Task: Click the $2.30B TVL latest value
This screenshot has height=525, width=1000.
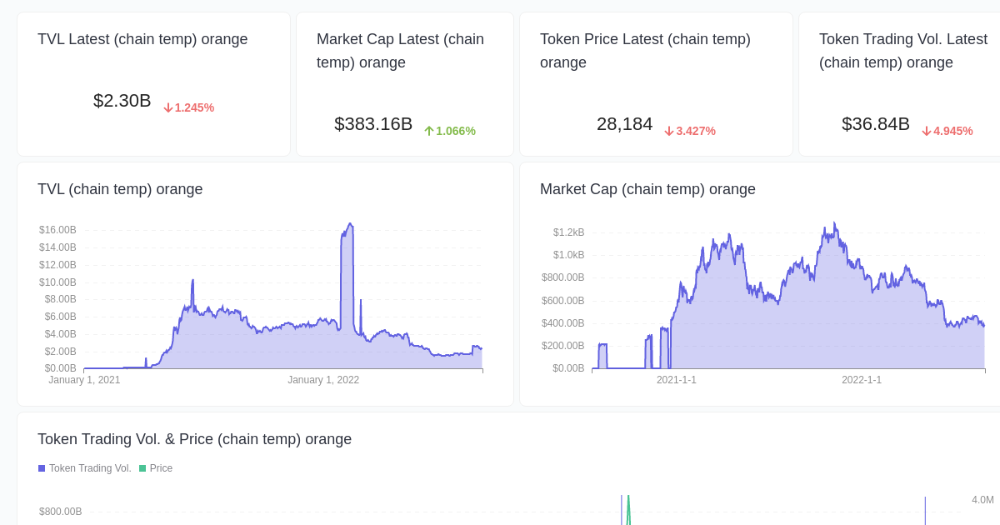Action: tap(122, 101)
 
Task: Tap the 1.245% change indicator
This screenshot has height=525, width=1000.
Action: tap(189, 107)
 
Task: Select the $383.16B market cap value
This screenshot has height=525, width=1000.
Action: tap(373, 124)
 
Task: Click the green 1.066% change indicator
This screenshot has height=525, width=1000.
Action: tap(450, 131)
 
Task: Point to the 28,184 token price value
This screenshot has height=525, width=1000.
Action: tap(624, 124)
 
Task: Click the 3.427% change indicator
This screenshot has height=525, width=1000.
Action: tap(690, 131)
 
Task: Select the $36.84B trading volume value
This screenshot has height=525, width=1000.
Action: tap(875, 124)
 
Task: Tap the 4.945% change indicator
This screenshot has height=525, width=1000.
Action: tap(947, 131)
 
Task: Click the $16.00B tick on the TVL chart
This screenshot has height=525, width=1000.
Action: tap(57, 230)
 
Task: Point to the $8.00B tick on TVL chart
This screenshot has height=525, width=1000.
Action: tap(60, 299)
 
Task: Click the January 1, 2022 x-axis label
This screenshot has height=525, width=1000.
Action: tap(323, 380)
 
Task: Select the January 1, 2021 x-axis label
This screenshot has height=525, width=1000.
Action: tap(84, 380)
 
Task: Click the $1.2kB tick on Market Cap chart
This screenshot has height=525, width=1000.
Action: tap(568, 232)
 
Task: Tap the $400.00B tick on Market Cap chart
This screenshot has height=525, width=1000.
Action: tap(562, 323)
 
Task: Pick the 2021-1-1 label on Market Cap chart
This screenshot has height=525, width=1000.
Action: tap(676, 380)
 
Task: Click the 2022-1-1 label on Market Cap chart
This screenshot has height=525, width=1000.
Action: tap(861, 380)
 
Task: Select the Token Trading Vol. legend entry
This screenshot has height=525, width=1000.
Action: tap(85, 468)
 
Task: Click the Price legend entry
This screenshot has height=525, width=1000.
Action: tap(156, 468)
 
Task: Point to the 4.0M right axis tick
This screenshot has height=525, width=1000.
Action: tap(982, 500)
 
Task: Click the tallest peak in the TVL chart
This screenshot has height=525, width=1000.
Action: tap(350, 224)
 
